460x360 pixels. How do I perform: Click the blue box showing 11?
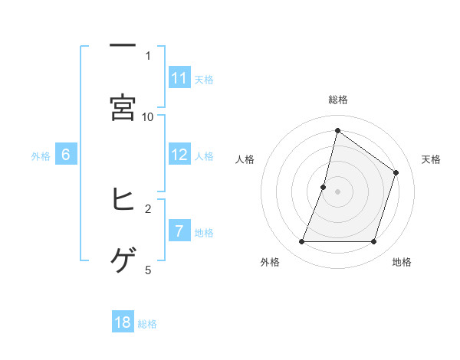point(179,78)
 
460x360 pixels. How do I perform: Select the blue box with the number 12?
point(179,155)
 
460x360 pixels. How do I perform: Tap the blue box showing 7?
point(179,231)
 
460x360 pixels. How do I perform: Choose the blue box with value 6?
point(66,155)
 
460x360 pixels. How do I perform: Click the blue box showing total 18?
point(123,322)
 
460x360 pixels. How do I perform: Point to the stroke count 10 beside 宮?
point(148,116)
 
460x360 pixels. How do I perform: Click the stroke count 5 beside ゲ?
point(148,270)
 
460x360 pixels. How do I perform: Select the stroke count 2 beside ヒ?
point(148,208)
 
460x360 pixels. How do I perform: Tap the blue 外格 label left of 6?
point(41,155)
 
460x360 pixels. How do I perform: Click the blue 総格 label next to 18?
point(147,324)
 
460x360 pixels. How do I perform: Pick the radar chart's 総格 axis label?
point(337,100)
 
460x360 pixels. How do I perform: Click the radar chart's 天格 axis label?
point(432,159)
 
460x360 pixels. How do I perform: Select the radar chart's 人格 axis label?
point(245,159)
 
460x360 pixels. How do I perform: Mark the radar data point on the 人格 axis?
point(324,187)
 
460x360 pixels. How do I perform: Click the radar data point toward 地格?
point(373,242)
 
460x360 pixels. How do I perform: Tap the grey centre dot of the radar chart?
point(337,191)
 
